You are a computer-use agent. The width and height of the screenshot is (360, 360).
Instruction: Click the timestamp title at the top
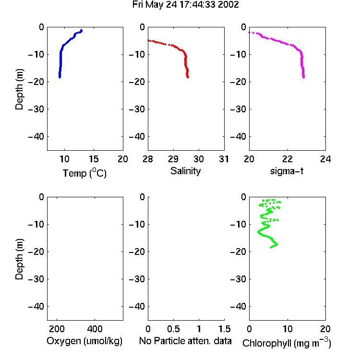(185, 5)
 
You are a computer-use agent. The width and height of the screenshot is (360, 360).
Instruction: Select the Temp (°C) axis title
(84, 173)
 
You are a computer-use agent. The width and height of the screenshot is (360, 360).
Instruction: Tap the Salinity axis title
(185, 171)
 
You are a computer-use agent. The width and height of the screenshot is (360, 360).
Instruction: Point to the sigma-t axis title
(287, 171)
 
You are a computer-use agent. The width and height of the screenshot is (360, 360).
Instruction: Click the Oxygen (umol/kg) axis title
(84, 341)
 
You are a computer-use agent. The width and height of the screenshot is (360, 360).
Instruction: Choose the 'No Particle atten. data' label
(185, 341)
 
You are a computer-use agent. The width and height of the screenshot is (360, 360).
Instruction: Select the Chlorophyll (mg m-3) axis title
(287, 343)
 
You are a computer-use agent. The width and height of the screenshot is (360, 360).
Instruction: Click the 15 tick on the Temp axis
(94, 159)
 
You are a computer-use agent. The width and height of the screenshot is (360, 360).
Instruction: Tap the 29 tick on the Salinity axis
(173, 159)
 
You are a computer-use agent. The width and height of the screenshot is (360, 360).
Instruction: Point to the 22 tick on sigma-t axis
(288, 159)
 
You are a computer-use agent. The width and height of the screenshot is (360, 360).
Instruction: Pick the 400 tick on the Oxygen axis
(95, 329)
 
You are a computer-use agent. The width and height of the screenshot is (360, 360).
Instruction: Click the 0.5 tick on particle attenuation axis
(173, 329)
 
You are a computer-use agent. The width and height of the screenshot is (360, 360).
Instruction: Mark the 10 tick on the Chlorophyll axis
(288, 329)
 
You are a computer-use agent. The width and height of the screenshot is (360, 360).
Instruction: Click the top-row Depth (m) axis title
(19, 89)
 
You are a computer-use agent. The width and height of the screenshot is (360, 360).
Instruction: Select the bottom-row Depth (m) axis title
(19, 259)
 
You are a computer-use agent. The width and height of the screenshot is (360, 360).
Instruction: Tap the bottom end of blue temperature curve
(60, 77)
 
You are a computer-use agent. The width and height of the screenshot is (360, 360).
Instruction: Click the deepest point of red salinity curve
(188, 77)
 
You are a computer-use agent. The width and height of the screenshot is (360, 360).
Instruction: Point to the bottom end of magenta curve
(303, 77)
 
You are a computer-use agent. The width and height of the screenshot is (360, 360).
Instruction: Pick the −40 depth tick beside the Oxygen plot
(36, 306)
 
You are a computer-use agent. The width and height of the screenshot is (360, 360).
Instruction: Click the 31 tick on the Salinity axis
(224, 159)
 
